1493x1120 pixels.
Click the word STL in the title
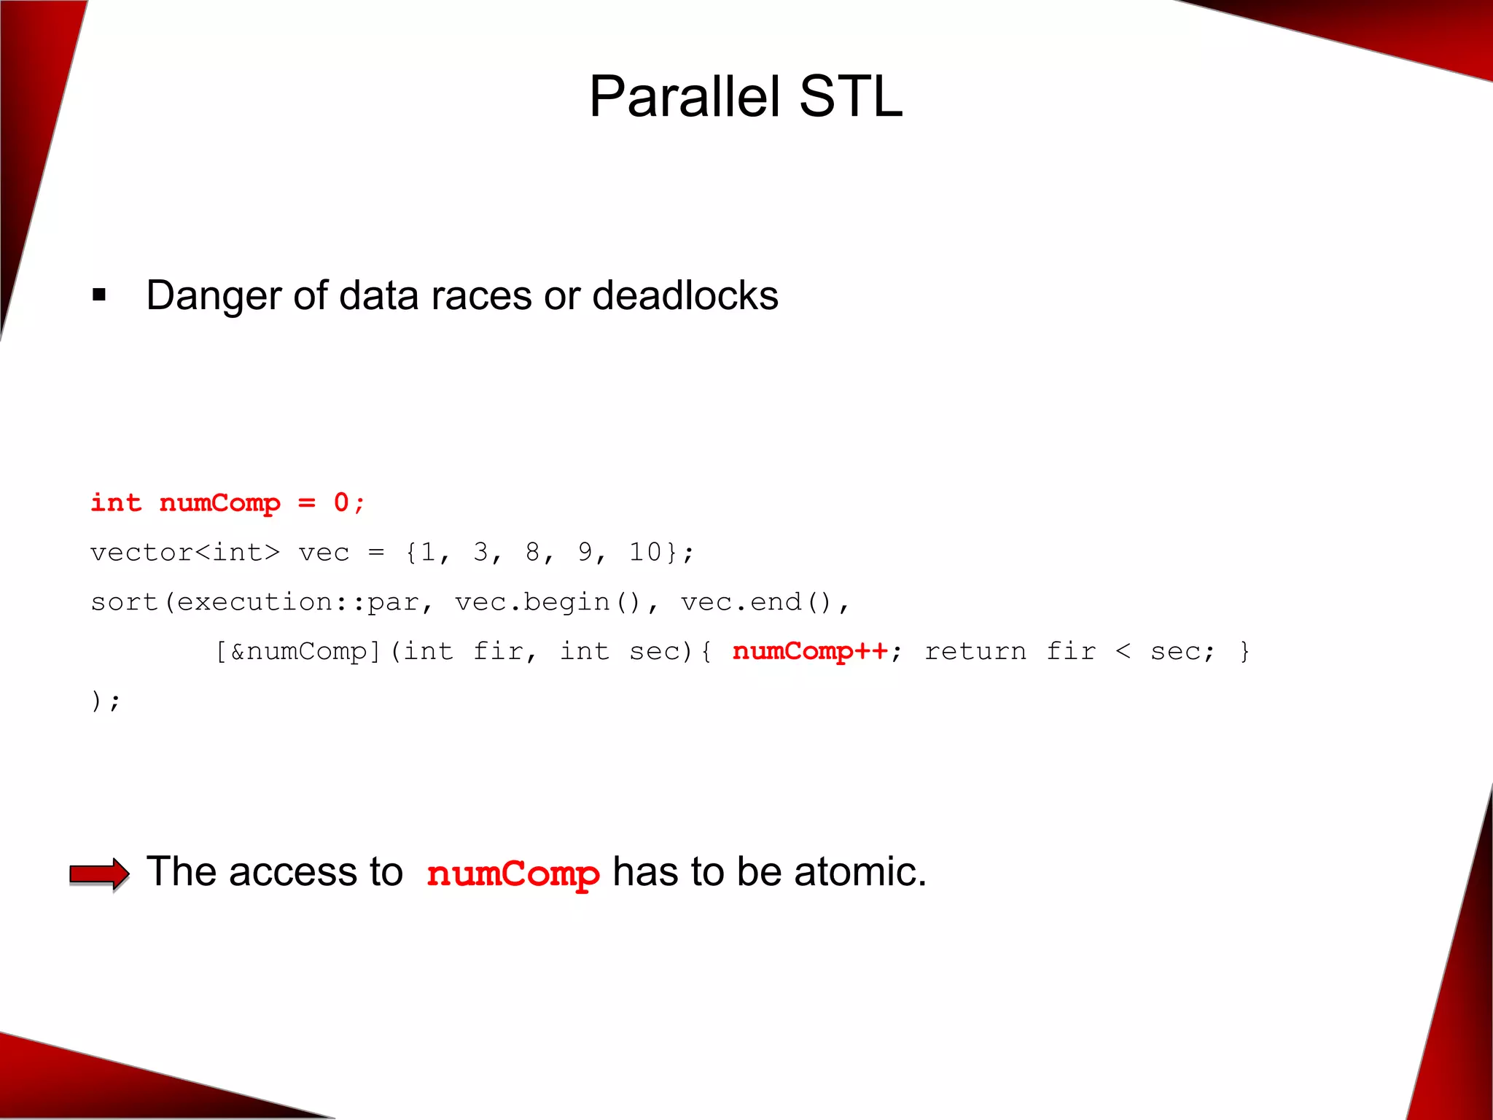pos(850,97)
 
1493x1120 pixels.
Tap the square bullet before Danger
pos(99,295)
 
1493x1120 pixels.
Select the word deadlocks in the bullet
pos(685,296)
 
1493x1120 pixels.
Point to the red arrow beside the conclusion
pos(99,874)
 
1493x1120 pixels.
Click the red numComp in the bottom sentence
pos(512,874)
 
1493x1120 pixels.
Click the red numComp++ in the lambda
pos(810,650)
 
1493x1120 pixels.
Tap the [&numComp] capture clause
pos(298,651)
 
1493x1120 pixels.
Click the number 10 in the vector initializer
pos(645,552)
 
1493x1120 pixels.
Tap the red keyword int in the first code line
pos(116,502)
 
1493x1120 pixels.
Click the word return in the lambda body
pos(975,651)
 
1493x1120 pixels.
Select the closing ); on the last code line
pos(106,701)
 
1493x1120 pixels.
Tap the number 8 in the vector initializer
pos(533,552)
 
